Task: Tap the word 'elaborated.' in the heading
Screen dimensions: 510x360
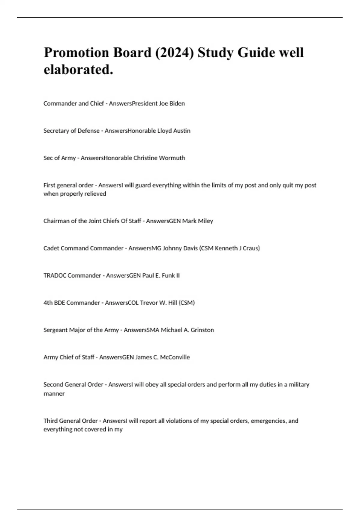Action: [79, 70]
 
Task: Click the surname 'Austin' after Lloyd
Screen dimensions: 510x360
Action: [182, 131]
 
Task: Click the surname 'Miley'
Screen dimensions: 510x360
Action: [205, 221]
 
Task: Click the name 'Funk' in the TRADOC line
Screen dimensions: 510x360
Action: [168, 276]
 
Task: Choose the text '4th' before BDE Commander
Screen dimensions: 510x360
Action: [48, 303]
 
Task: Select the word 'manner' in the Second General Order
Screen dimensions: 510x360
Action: [54, 394]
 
